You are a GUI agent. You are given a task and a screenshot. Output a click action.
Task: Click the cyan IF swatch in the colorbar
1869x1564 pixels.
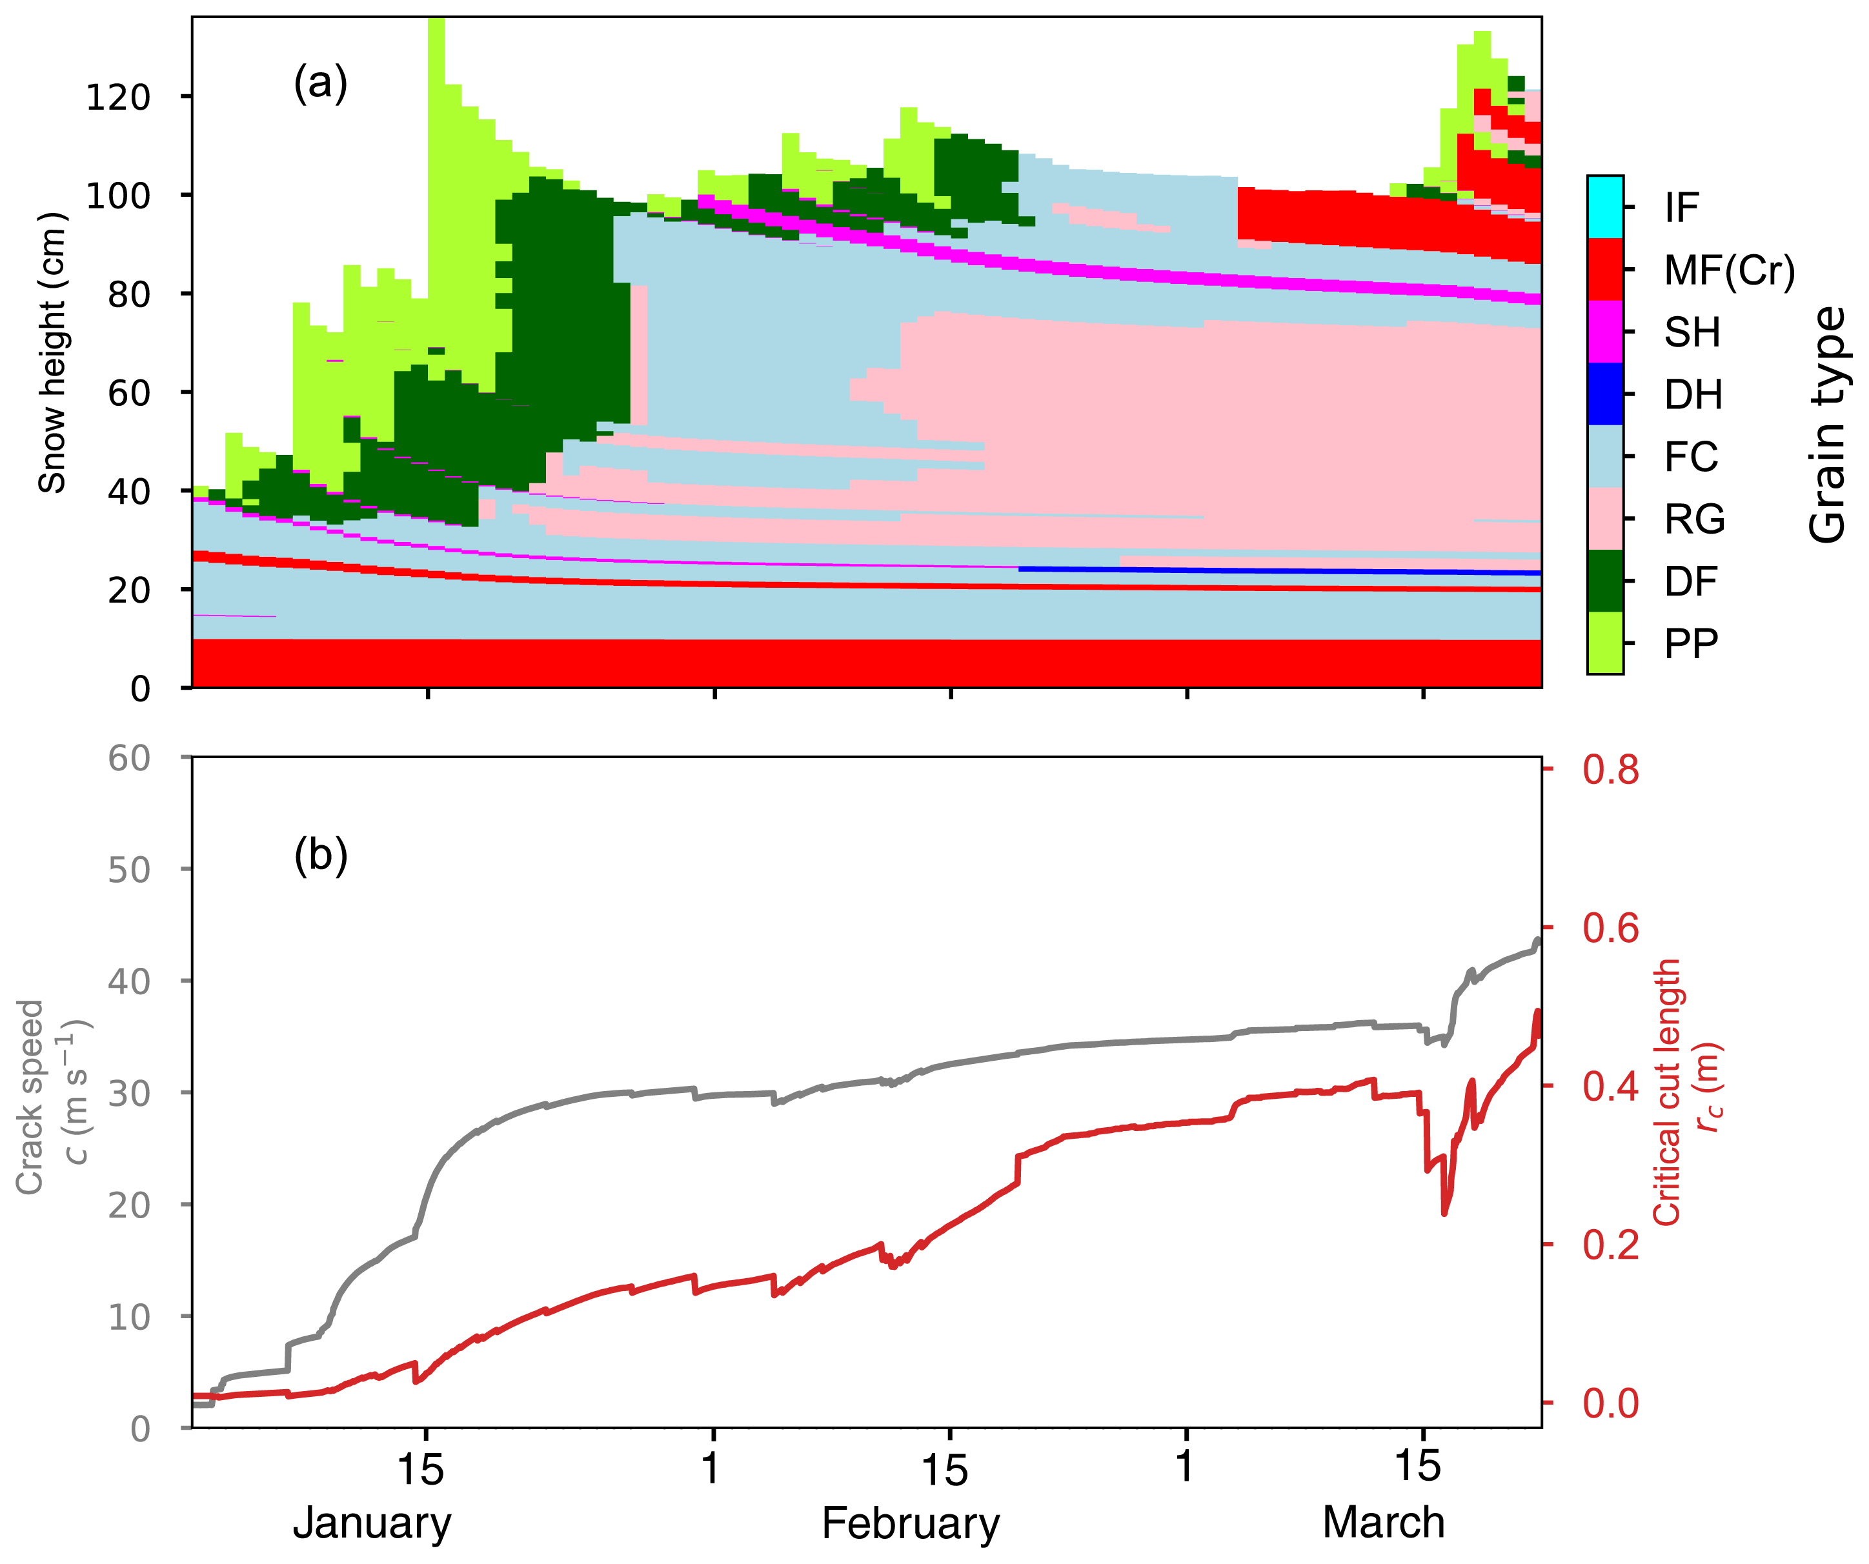click(x=1604, y=207)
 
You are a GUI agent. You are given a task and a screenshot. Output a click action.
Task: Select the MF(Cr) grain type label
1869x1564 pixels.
click(x=1729, y=270)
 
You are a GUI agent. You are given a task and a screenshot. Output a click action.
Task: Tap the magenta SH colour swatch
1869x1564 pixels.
click(x=1604, y=332)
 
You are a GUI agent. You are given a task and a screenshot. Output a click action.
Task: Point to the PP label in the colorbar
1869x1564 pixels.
click(x=1691, y=643)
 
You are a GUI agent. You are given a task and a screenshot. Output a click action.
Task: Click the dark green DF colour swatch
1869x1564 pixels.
click(x=1604, y=581)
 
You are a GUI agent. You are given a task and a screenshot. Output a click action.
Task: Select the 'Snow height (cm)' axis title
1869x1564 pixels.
click(x=52, y=352)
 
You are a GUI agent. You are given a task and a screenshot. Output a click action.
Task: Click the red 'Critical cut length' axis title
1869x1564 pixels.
click(x=1667, y=1092)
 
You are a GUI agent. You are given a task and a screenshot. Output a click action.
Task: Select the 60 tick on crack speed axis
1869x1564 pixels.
click(x=128, y=758)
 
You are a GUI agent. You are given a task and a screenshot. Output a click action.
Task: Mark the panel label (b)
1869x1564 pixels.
click(x=320, y=855)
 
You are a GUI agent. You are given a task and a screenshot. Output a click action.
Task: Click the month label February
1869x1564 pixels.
click(x=911, y=1523)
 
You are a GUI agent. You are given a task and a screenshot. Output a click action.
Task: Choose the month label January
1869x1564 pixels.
click(x=372, y=1523)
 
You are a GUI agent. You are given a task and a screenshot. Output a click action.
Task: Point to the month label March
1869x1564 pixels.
click(x=1383, y=1523)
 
